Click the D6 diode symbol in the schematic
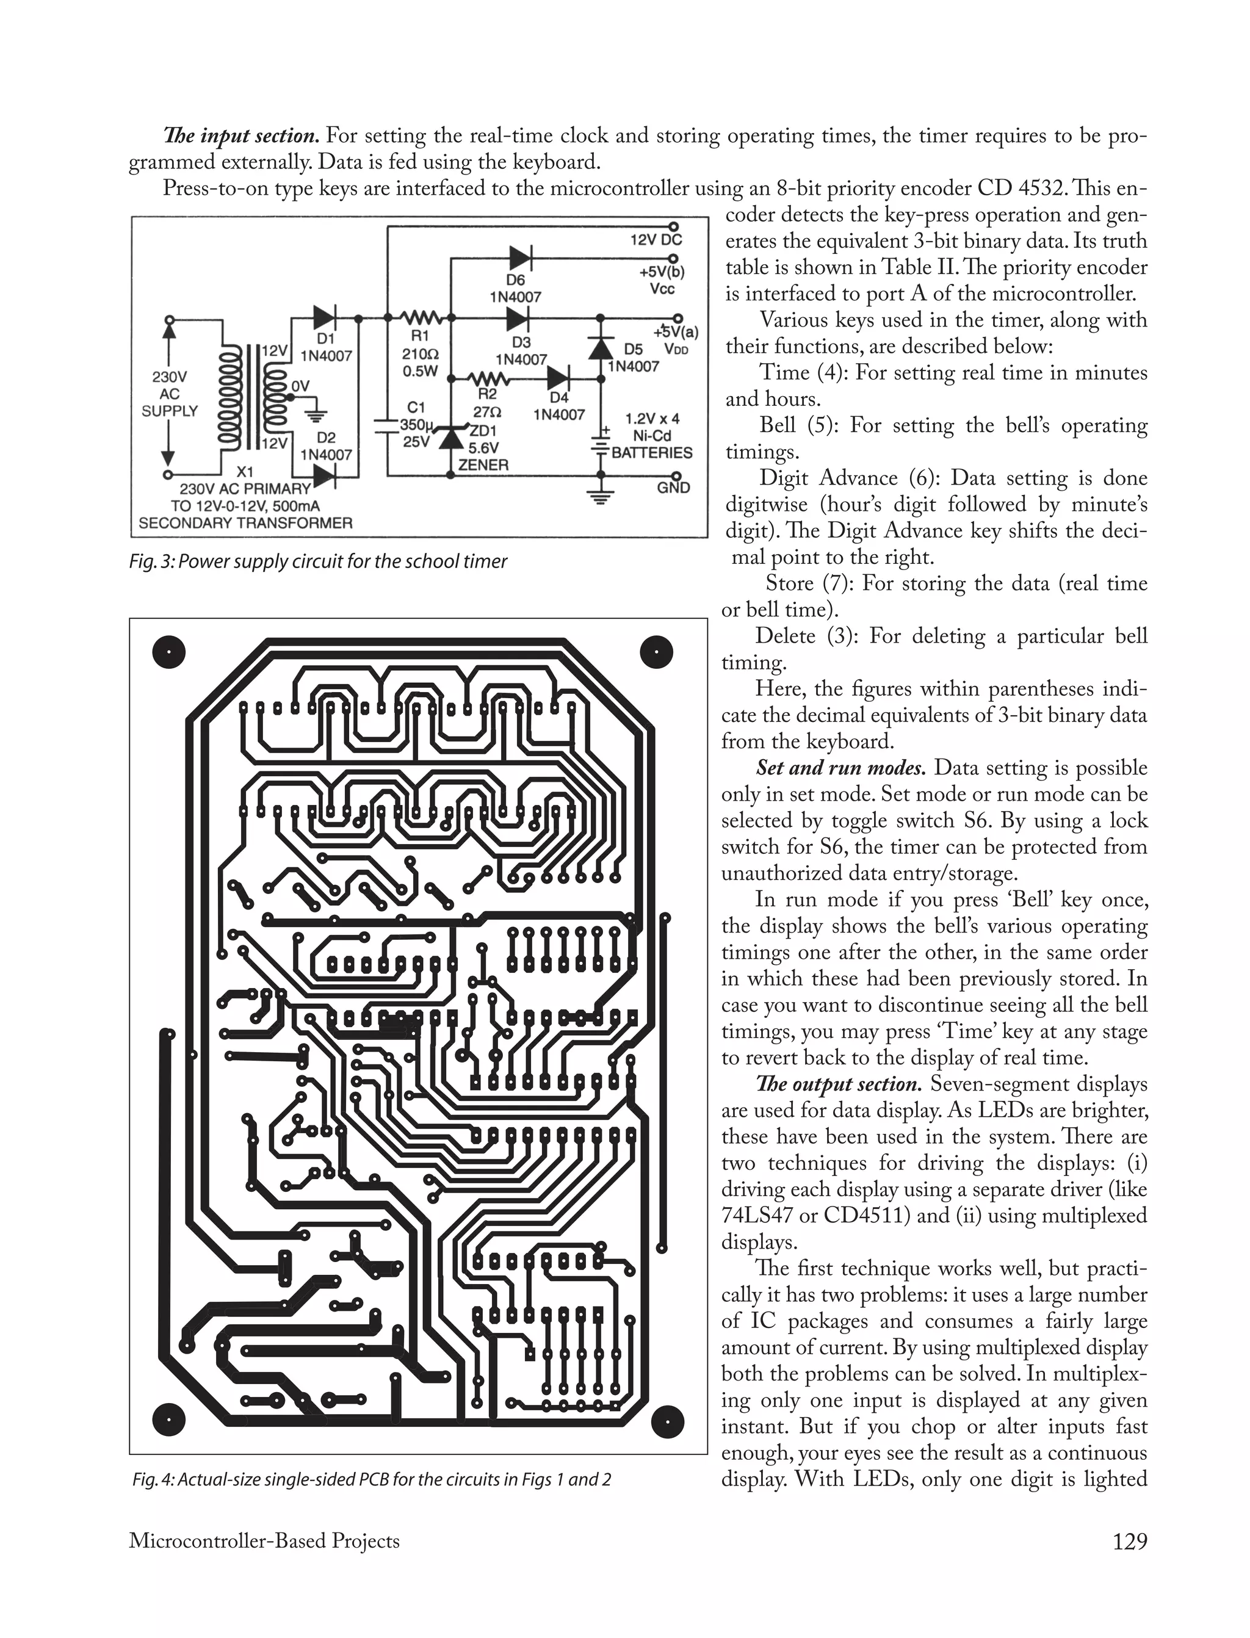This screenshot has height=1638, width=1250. (x=519, y=258)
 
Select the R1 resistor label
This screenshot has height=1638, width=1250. (x=420, y=337)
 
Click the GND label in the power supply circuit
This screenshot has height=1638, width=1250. (x=673, y=488)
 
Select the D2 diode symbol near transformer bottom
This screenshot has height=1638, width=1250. (x=325, y=475)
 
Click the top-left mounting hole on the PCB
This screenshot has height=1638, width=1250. (x=169, y=652)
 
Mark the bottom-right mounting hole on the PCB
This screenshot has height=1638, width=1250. (x=657, y=1423)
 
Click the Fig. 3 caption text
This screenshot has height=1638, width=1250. (x=318, y=561)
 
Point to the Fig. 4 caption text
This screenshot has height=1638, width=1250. (x=371, y=1479)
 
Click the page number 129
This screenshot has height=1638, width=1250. (x=1130, y=1542)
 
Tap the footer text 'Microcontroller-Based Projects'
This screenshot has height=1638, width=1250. (x=264, y=1542)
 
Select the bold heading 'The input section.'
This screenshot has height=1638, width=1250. (x=241, y=136)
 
